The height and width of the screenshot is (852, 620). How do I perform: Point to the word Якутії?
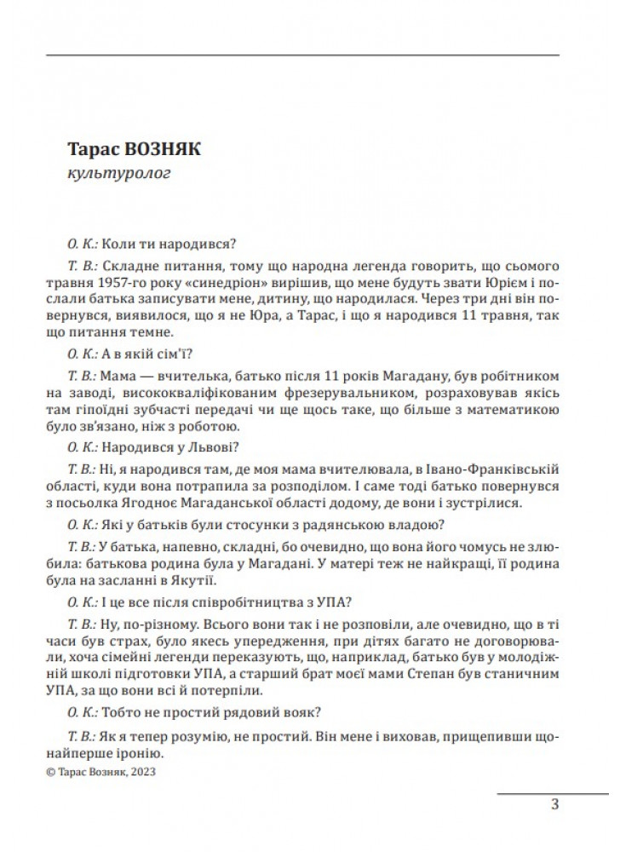pyautogui.click(x=196, y=582)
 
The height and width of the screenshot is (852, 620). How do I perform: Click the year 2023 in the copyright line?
pyautogui.click(x=144, y=772)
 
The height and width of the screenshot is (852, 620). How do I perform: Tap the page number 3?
pyautogui.click(x=554, y=804)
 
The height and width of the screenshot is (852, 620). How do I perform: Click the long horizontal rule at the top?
pyautogui.click(x=301, y=55)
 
